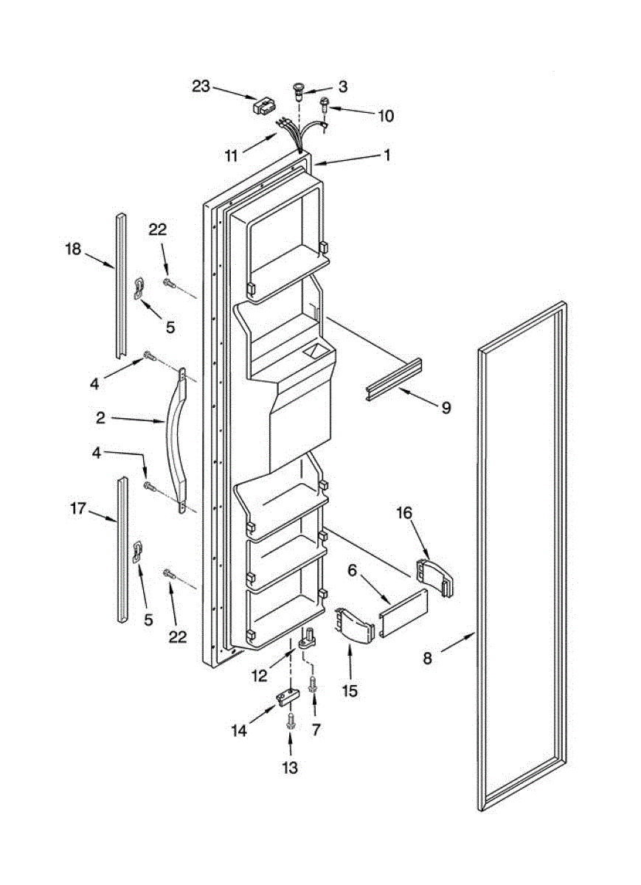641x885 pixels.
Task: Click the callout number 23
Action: pos(201,86)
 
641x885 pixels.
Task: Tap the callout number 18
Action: pos(72,249)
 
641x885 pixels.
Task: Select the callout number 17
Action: pos(79,508)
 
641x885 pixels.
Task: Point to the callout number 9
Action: pos(446,406)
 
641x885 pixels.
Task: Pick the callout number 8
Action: pos(428,660)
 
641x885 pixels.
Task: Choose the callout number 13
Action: pos(290,768)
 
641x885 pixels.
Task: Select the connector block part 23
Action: pos(263,106)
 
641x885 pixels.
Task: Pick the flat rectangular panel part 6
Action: pos(403,613)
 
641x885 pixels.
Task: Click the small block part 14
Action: pos(287,696)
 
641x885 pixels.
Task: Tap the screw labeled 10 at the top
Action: pos(325,111)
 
